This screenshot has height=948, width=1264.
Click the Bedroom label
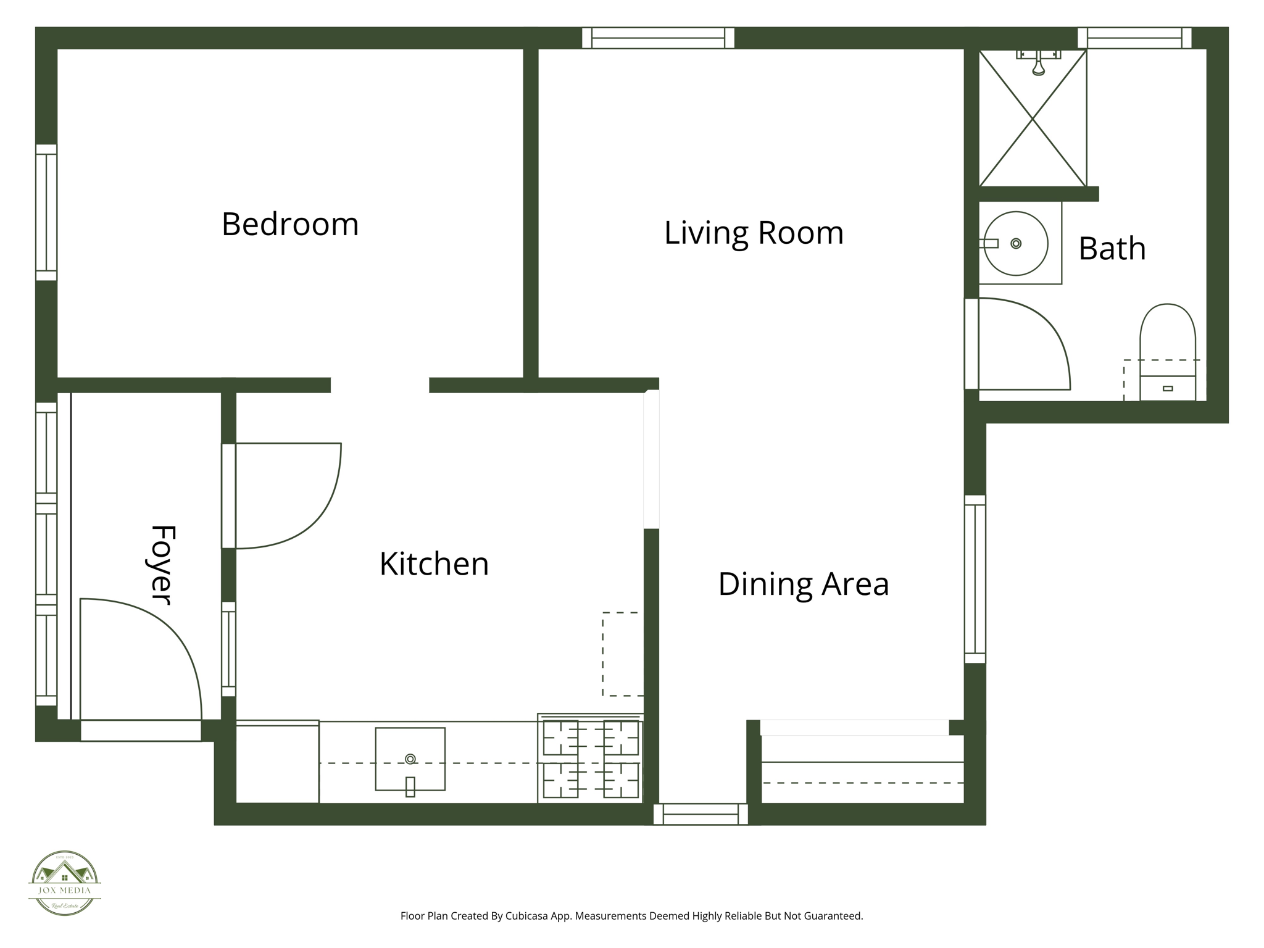(x=290, y=224)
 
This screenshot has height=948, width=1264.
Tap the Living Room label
(x=754, y=233)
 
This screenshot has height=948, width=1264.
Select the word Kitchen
(x=434, y=563)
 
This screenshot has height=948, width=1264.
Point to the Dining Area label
(x=804, y=584)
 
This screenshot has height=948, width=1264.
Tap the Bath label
(x=1112, y=248)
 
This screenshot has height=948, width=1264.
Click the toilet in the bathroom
(x=1167, y=352)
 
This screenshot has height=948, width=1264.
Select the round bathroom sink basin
(x=1015, y=243)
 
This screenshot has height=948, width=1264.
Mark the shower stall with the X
(x=1033, y=118)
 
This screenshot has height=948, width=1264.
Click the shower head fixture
(x=1039, y=62)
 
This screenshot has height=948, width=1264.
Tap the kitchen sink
(x=410, y=759)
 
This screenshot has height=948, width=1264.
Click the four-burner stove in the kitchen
(x=590, y=759)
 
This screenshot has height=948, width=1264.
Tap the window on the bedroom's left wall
(x=46, y=212)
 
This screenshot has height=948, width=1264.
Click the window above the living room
(x=658, y=38)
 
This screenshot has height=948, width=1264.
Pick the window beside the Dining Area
(x=975, y=578)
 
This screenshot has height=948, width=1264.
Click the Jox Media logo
(x=65, y=883)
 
